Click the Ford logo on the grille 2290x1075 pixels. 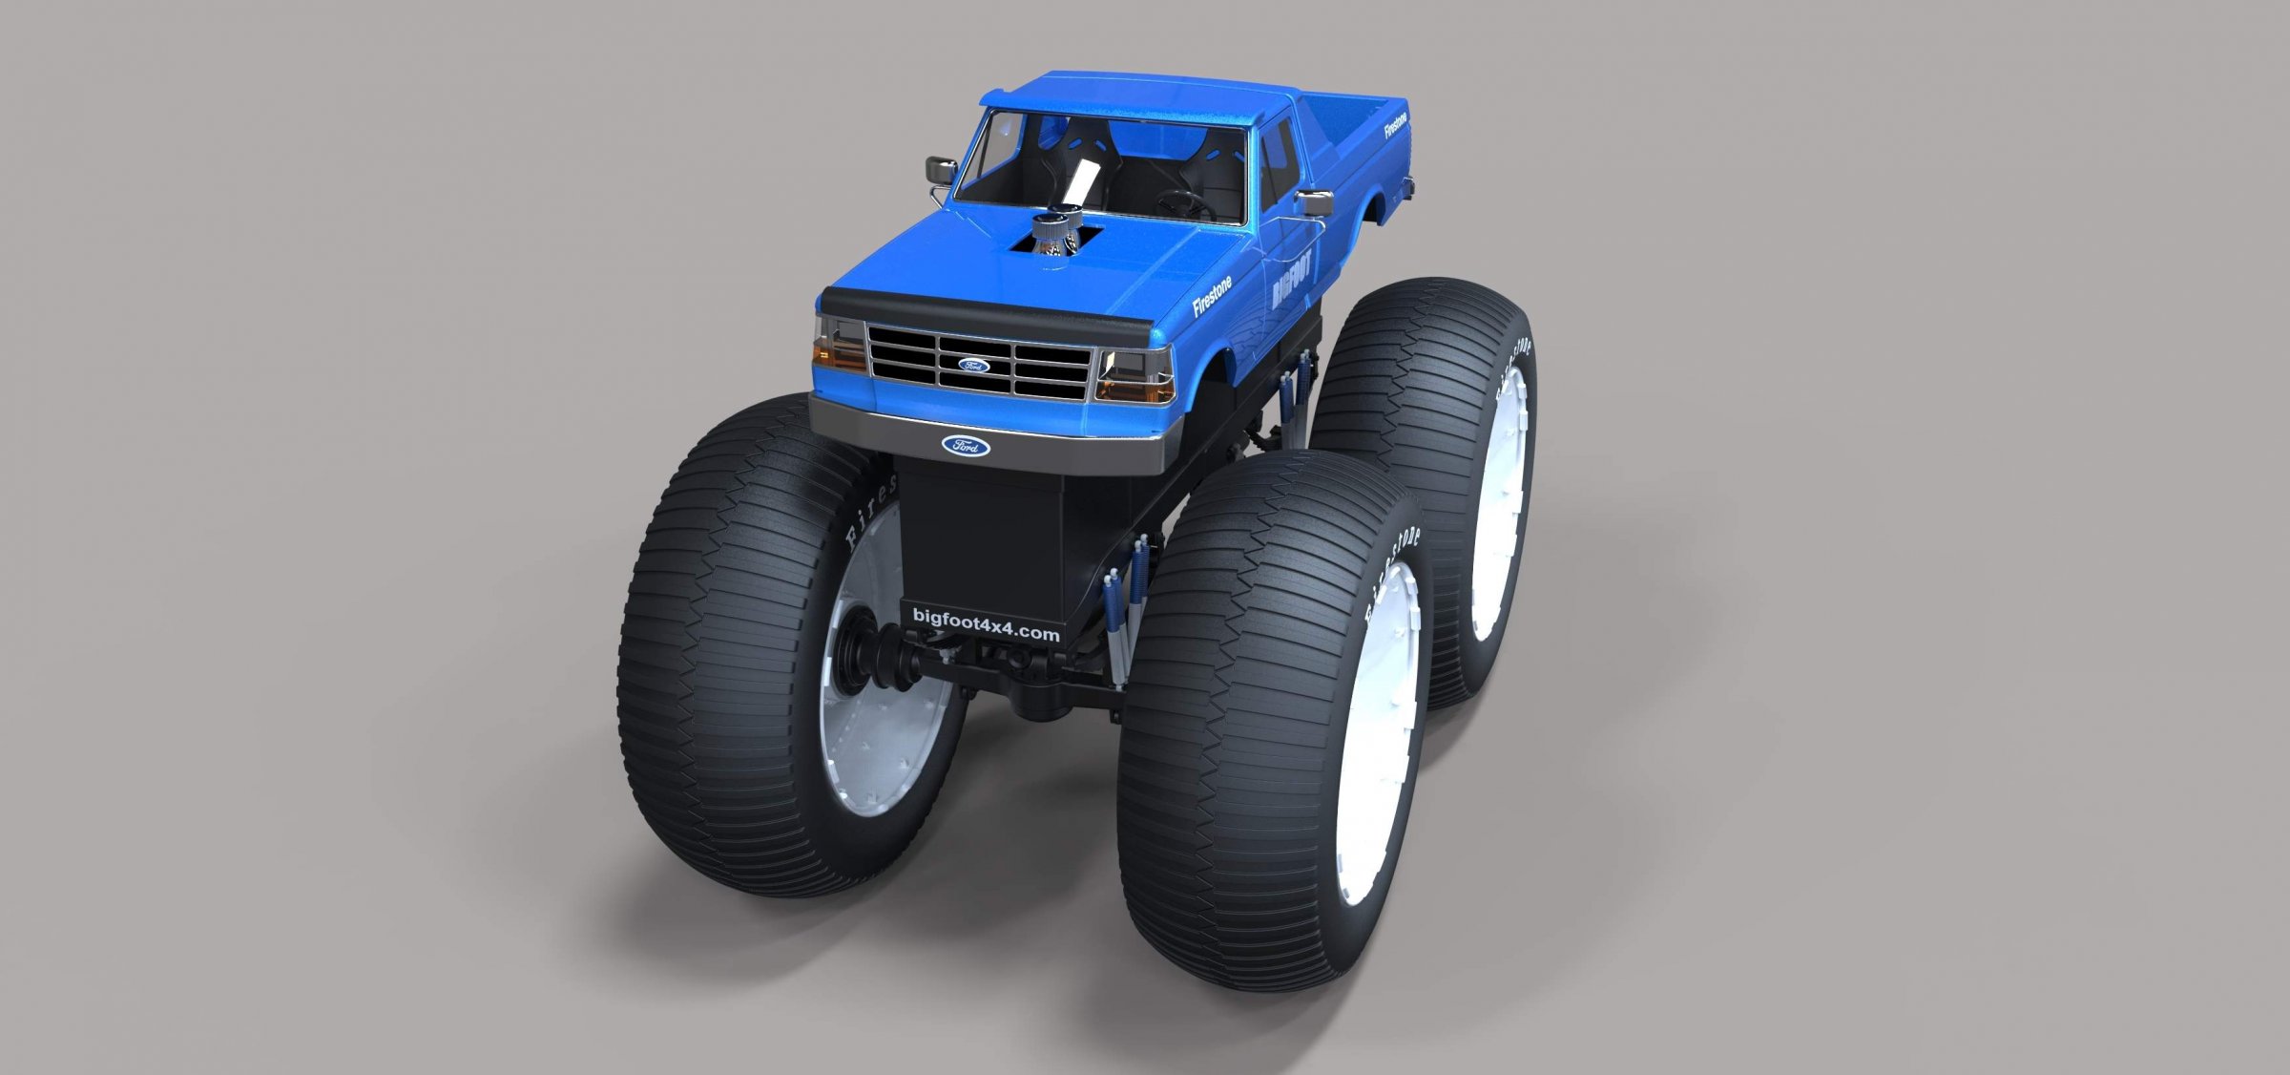click(974, 365)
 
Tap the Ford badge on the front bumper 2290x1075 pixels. click(966, 446)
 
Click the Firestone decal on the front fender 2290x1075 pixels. click(1212, 296)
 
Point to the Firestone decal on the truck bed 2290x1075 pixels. click(1396, 127)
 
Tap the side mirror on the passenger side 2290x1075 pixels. click(940, 172)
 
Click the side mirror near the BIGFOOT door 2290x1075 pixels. click(1317, 202)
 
